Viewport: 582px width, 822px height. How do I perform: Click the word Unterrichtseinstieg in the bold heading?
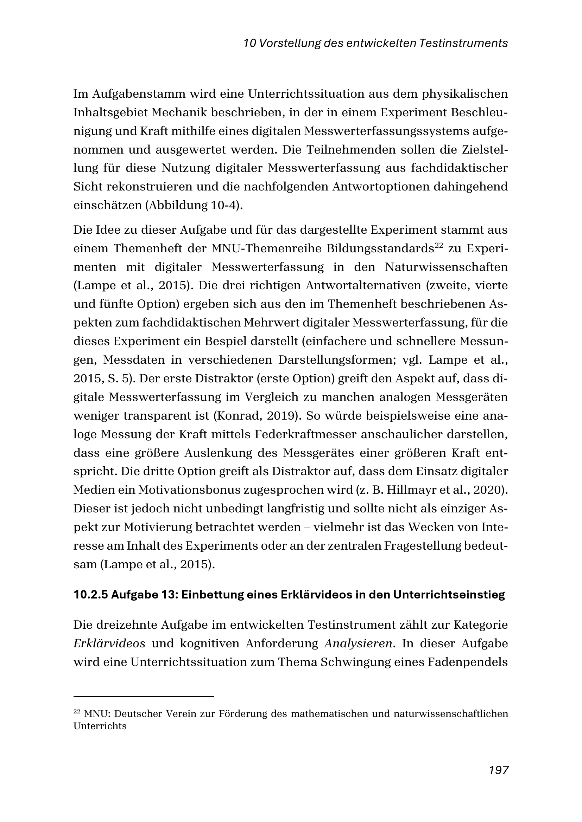point(449,595)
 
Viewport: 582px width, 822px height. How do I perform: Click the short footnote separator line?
point(143,697)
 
